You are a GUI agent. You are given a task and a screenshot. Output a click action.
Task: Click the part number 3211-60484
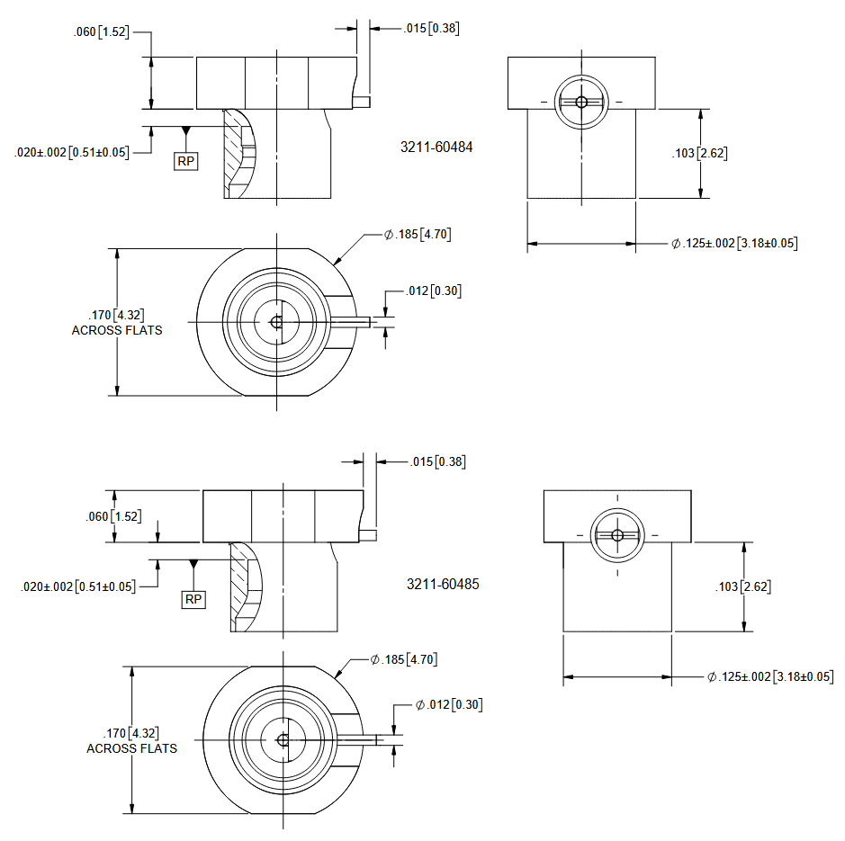[436, 147]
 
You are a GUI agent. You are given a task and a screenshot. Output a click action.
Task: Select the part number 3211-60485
[443, 584]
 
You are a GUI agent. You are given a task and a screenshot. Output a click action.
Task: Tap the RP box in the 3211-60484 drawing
[186, 162]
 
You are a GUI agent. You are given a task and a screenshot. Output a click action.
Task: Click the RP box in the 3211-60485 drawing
[193, 599]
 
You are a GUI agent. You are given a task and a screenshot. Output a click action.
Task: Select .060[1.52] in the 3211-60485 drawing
[114, 516]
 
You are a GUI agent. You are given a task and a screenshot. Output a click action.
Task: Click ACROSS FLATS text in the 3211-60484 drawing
[117, 330]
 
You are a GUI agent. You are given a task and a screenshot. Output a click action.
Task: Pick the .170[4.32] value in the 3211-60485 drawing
[132, 734]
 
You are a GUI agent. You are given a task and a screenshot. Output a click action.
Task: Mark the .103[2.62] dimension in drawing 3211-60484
[700, 153]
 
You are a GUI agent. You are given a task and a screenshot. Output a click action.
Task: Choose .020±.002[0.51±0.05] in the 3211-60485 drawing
[78, 586]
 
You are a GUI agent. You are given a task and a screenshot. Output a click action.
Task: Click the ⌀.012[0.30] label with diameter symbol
[449, 704]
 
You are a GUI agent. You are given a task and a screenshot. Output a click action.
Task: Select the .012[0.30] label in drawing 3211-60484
[434, 291]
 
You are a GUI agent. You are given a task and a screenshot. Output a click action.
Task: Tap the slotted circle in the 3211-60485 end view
[616, 535]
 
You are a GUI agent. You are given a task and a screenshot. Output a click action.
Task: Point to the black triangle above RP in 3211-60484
[185, 131]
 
